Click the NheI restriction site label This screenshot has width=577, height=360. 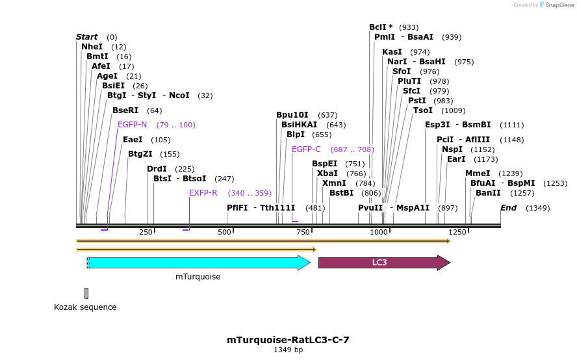(92, 47)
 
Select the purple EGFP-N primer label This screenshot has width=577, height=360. (132, 125)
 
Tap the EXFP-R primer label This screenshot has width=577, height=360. (203, 193)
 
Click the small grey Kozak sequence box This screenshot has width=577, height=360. (86, 293)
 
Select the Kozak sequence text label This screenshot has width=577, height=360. (85, 307)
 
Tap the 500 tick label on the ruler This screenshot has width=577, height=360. (224, 232)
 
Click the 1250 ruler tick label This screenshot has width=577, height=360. (457, 232)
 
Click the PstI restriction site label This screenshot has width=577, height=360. (417, 101)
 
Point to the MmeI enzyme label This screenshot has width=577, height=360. (478, 174)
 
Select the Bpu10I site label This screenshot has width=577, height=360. (292, 115)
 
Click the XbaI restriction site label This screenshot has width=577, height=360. (327, 174)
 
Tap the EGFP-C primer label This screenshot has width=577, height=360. (306, 149)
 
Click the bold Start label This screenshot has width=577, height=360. (86, 37)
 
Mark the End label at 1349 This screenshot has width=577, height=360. (508, 208)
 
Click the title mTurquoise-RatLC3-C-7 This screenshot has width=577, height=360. (288, 340)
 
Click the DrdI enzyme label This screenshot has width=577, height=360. (157, 169)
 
